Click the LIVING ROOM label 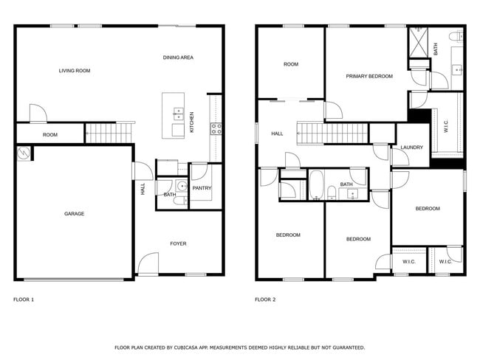[75, 71]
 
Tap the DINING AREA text [178, 57]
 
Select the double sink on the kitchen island [178, 114]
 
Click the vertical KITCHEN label [192, 122]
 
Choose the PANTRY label [202, 188]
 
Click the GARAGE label [74, 214]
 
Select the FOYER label [178, 243]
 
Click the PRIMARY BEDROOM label [369, 76]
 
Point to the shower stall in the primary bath [419, 41]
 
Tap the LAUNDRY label [411, 148]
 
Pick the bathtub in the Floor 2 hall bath [316, 186]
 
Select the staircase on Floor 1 [110, 133]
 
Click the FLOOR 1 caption [24, 300]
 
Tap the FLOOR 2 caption [265, 300]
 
